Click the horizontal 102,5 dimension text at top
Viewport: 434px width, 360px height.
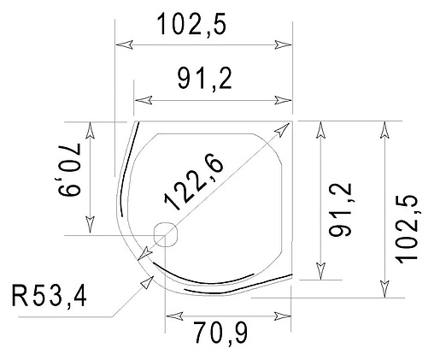191,25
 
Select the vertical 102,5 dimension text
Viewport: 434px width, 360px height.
407,229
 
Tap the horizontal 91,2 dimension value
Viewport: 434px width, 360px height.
204,79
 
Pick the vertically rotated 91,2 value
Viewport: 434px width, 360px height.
340,210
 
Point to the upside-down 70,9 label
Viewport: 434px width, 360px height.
70,170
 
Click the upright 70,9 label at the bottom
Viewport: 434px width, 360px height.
221,333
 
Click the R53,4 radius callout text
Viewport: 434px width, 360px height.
49,297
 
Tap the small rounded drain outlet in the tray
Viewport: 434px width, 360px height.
166,234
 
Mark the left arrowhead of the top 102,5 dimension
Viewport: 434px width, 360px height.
124,44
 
